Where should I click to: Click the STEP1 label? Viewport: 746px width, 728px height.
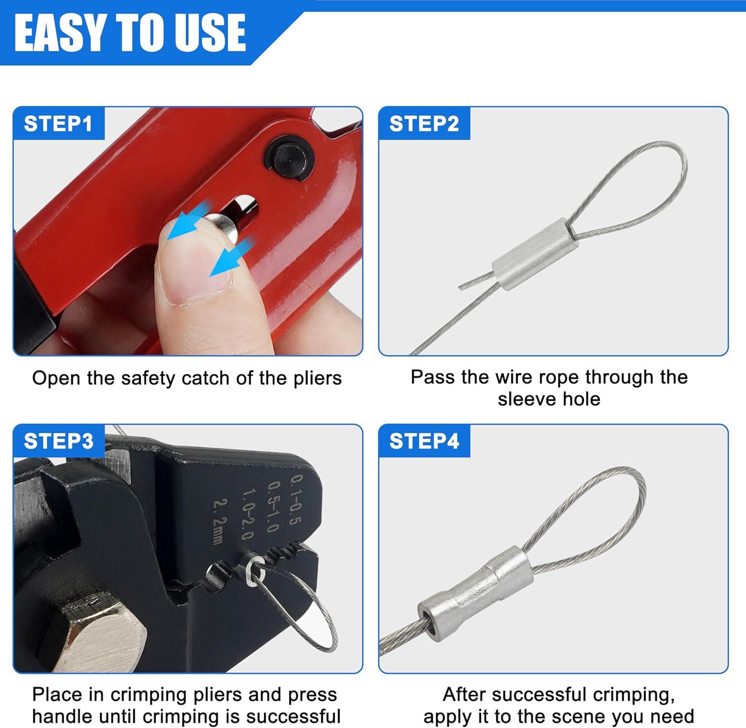point(58,124)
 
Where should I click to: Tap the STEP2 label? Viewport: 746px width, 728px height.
point(424,124)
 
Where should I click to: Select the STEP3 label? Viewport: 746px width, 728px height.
point(58,441)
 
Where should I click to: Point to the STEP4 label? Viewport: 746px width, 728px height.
point(424,441)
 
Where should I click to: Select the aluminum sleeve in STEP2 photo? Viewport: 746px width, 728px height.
point(535,254)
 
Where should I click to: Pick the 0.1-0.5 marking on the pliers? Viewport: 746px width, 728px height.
point(296,500)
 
